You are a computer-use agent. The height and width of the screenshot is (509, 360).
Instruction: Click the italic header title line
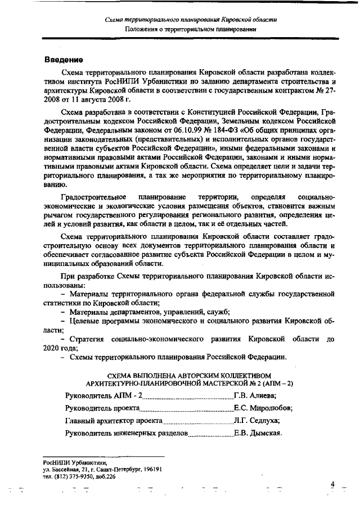(191, 20)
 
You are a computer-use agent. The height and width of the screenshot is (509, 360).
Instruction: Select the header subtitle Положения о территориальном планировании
(191, 29)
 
